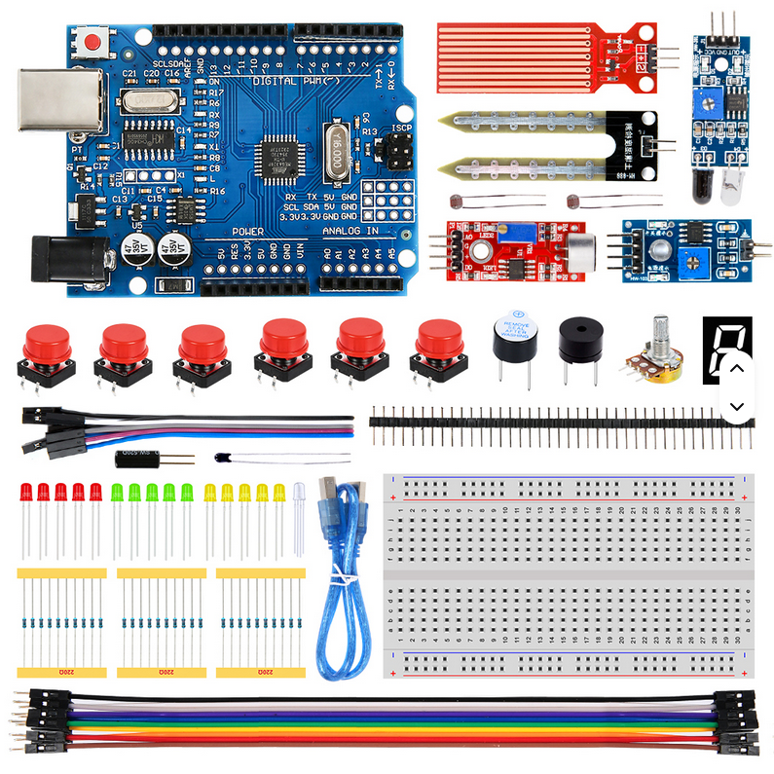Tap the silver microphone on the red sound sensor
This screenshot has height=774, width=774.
[x=581, y=246]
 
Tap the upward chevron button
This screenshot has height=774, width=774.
[x=736, y=368]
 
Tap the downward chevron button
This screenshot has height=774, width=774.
[x=736, y=406]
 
